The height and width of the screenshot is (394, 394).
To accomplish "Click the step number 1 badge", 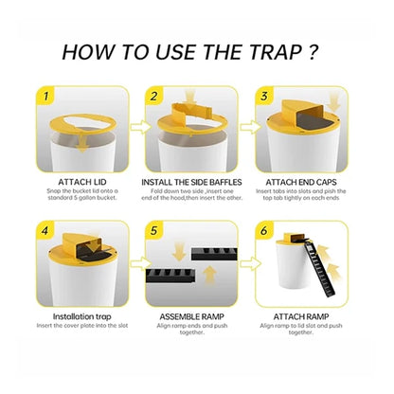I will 43,94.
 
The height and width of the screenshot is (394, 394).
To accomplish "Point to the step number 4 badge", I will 43,228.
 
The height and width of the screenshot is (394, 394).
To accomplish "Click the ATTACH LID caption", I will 82,180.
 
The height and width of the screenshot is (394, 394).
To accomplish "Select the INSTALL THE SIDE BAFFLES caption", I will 196,180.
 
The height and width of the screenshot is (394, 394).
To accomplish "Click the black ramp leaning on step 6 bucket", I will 333,270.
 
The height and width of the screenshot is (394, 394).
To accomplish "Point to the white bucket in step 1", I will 81,147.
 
